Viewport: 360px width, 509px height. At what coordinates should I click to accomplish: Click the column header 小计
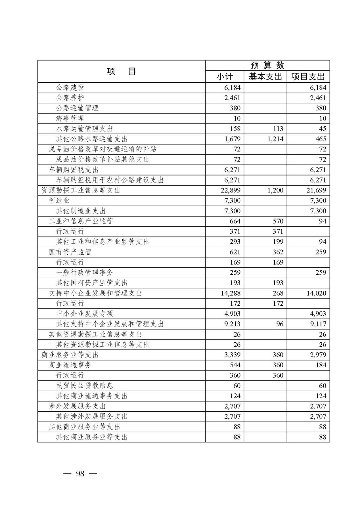click(225, 77)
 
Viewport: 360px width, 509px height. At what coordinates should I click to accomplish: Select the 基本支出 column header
click(265, 77)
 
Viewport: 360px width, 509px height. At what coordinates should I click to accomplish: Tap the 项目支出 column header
click(308, 77)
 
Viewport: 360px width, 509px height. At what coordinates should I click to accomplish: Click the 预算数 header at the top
click(267, 65)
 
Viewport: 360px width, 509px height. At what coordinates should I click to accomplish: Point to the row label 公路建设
click(70, 87)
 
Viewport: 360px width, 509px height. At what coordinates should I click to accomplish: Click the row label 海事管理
click(70, 118)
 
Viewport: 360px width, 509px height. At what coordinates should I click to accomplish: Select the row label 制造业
click(59, 200)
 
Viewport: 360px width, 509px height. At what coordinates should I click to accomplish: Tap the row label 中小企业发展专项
click(84, 313)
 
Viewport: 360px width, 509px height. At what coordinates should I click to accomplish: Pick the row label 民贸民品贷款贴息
click(84, 386)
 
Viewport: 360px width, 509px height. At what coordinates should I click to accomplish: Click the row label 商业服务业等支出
click(70, 355)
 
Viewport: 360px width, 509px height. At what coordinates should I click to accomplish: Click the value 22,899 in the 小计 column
click(230, 190)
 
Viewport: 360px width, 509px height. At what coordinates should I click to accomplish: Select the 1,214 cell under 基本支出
click(275, 139)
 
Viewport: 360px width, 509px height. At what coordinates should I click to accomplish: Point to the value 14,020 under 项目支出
click(316, 293)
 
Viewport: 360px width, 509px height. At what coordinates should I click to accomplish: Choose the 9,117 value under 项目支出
click(318, 324)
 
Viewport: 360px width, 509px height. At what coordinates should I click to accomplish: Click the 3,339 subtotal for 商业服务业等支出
click(232, 355)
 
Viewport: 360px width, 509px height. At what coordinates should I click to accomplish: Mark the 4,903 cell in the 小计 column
click(232, 313)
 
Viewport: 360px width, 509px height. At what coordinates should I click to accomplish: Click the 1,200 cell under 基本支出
click(275, 190)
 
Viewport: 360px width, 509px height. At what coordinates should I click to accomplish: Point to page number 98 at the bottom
click(80, 474)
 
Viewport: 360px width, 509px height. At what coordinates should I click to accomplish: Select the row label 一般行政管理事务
click(84, 273)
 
